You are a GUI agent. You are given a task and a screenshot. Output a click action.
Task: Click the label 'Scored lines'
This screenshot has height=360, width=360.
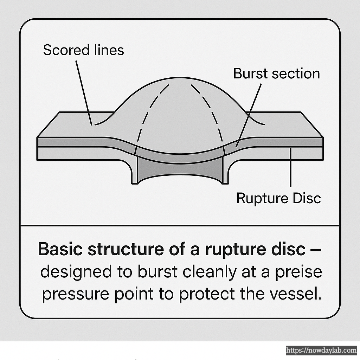(x=83, y=50)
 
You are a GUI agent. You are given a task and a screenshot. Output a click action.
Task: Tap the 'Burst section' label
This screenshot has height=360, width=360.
(x=276, y=74)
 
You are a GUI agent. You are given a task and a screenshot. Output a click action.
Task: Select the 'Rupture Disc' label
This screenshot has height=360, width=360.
(x=278, y=198)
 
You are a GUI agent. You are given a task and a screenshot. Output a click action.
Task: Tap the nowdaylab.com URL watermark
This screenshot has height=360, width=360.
(x=321, y=351)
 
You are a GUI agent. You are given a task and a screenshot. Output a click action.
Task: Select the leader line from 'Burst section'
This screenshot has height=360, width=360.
(x=250, y=112)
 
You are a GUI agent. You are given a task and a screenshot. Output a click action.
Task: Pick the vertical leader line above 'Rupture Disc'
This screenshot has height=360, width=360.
(x=290, y=167)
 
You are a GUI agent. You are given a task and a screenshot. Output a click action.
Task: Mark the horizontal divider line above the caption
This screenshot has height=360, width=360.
(x=180, y=225)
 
